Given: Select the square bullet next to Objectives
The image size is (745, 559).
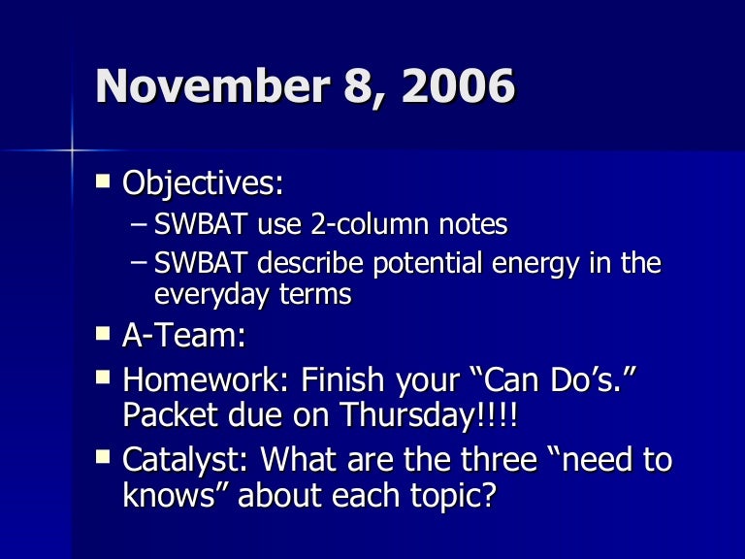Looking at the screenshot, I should click(x=104, y=181).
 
